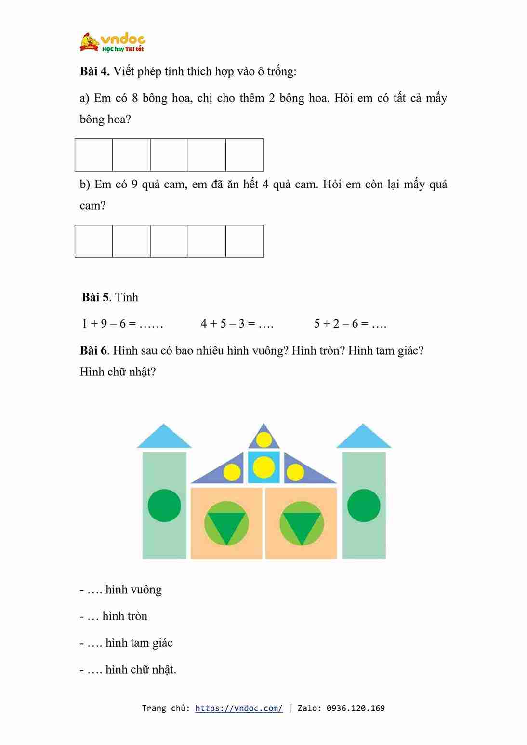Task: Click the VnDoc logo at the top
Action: tap(112, 42)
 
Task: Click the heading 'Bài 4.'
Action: tap(94, 71)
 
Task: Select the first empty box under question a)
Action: tap(94, 155)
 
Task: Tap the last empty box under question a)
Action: tap(245, 155)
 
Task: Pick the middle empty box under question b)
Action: tap(169, 241)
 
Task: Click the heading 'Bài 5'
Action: tap(95, 297)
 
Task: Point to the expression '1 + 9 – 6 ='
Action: tap(109, 324)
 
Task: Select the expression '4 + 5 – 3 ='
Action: tap(228, 324)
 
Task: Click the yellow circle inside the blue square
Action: tap(263, 467)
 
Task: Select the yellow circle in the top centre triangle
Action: tap(263, 439)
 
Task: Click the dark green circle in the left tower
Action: tap(164, 506)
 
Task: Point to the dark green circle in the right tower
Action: tap(364, 506)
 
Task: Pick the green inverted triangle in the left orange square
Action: tap(226, 525)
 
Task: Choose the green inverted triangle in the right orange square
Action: tap(302, 525)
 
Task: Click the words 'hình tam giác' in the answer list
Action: tap(139, 643)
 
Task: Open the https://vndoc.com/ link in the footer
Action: tap(239, 708)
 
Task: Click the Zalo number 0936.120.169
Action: tap(356, 708)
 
